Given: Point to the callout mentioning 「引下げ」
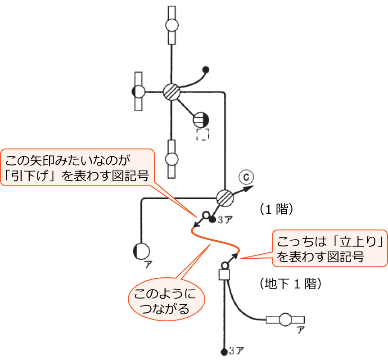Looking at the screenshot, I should [x=77, y=167].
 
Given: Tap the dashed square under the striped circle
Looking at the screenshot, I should [x=203, y=135].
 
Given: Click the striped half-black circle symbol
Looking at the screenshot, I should [x=201, y=120].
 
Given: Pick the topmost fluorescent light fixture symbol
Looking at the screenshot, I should [x=171, y=25].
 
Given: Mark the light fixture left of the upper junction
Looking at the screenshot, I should [x=139, y=92].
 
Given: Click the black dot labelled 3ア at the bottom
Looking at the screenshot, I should [x=224, y=351].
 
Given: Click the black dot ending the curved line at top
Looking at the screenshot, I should [x=206, y=70].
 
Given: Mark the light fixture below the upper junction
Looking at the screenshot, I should [x=171, y=159].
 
